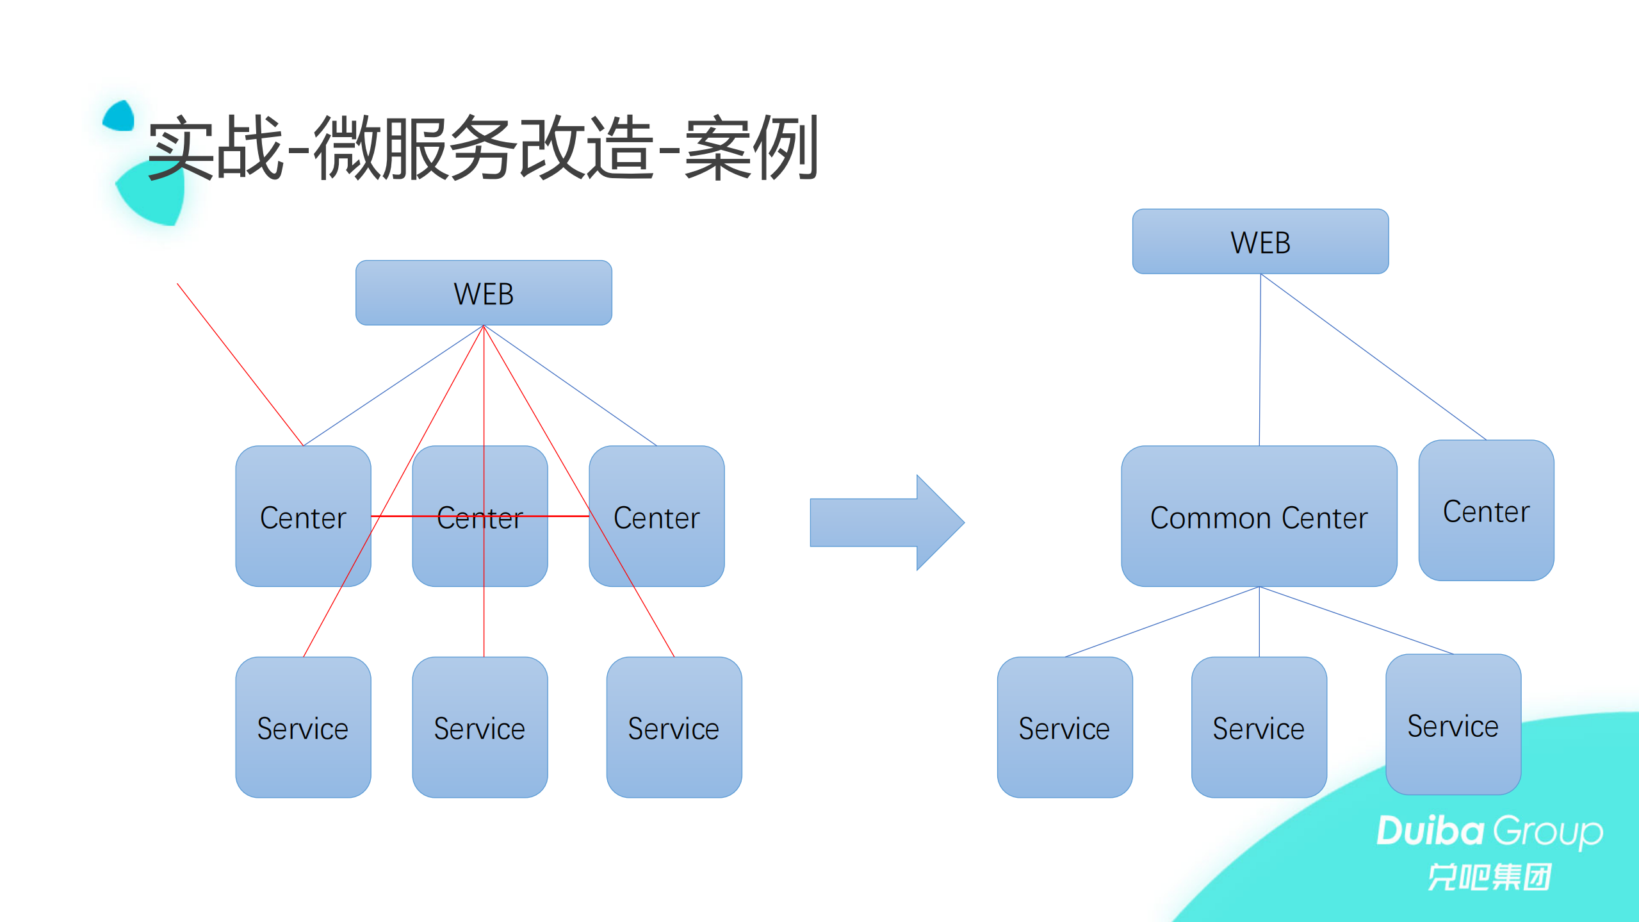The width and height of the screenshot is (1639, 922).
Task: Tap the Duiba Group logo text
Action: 1489,832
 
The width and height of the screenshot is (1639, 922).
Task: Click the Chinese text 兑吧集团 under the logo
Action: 1489,877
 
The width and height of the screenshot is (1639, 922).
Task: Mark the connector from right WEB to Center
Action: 1374,357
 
